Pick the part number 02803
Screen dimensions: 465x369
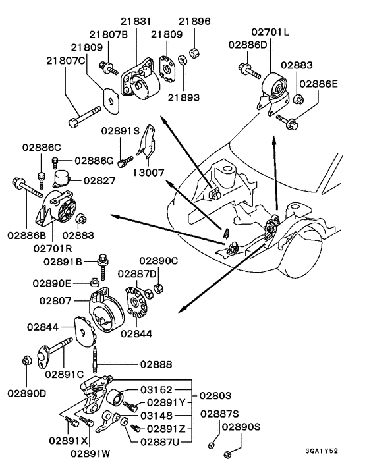pos(216,395)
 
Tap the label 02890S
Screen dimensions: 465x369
pos(241,427)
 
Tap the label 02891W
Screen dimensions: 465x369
pos(92,452)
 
